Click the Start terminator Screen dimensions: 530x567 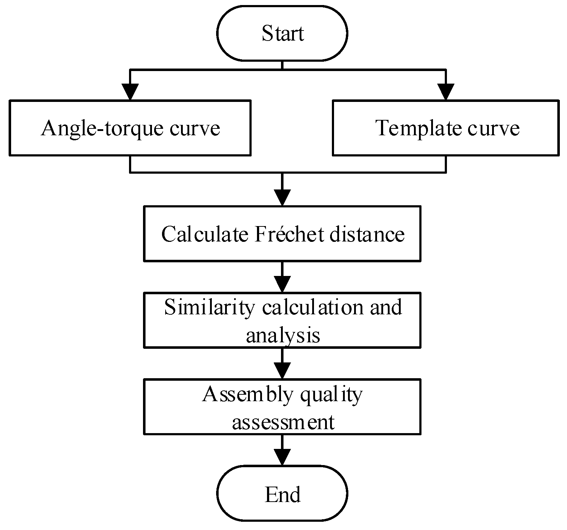pyautogui.click(x=282, y=33)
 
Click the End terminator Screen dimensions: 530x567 pyautogui.click(x=282, y=494)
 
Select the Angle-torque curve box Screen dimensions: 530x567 pyautogui.click(x=130, y=128)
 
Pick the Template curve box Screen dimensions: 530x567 pyautogui.click(x=445, y=128)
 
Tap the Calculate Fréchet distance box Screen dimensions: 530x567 pyautogui.click(x=282, y=233)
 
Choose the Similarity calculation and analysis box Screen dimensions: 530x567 pyautogui.click(x=282, y=320)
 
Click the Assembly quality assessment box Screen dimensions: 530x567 pyautogui.click(x=282, y=407)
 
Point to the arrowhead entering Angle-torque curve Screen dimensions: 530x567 pyautogui.click(x=130, y=92)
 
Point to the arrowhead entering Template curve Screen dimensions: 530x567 pyautogui.click(x=445, y=92)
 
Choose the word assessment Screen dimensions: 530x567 pyautogui.click(x=283, y=422)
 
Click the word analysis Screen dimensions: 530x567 pyautogui.click(x=283, y=336)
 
